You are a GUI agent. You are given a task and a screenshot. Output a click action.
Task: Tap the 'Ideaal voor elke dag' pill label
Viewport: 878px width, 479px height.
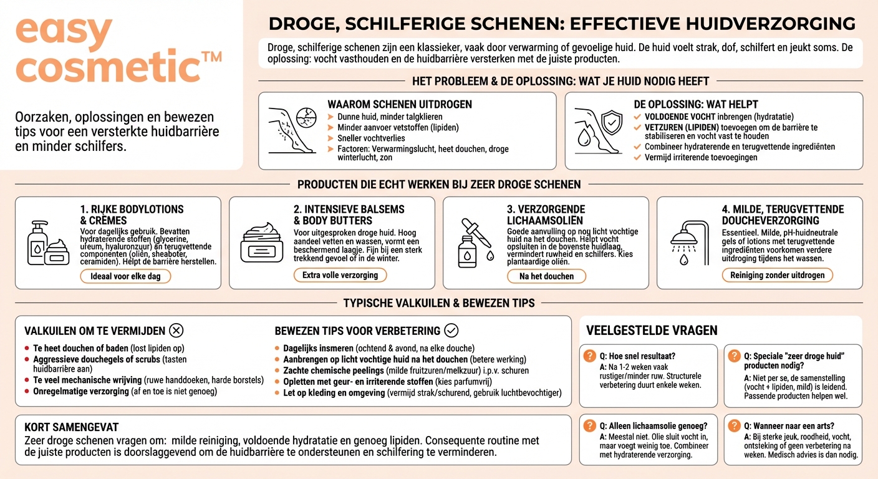pyautogui.click(x=125, y=276)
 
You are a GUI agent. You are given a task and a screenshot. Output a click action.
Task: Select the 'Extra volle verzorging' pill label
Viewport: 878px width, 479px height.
pyautogui.click(x=340, y=275)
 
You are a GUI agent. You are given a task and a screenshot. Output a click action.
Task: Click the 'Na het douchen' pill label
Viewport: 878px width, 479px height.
pyautogui.click(x=546, y=276)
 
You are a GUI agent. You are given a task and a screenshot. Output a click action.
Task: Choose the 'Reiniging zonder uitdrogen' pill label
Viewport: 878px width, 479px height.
pyautogui.click(x=777, y=275)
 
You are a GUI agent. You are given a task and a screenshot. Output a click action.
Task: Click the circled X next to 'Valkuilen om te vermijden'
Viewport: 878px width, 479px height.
pyautogui.click(x=176, y=331)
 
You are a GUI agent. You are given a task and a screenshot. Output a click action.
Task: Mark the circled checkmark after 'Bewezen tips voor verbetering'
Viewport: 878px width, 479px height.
pyautogui.click(x=451, y=331)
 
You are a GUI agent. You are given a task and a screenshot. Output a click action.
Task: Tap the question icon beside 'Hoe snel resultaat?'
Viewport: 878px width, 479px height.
pyautogui.click(x=589, y=356)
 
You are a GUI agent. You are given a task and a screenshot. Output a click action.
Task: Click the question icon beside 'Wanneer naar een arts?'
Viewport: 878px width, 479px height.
pyautogui.click(x=734, y=426)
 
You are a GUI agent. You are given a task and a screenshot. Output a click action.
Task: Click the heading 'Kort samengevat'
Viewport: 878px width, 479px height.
pyautogui.click(x=71, y=427)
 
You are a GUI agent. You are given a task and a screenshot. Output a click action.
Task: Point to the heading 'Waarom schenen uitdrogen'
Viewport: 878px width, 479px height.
pyautogui.click(x=400, y=104)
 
